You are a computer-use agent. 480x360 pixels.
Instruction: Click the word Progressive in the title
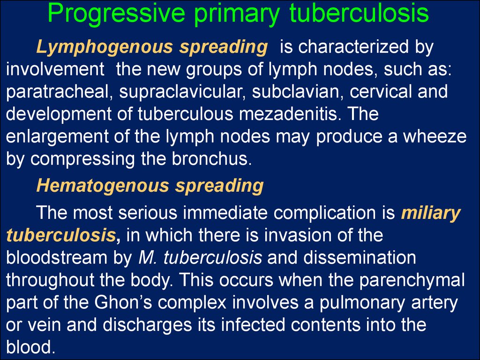[x=116, y=14]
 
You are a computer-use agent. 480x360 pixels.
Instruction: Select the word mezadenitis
[x=290, y=113]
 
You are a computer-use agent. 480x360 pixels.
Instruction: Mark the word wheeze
[x=435, y=136]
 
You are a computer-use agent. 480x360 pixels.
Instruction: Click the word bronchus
[x=211, y=158]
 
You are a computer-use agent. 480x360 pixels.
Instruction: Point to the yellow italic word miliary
[x=431, y=213]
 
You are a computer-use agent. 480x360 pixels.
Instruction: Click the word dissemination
[x=360, y=257]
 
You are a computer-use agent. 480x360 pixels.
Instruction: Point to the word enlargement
[x=57, y=137]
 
